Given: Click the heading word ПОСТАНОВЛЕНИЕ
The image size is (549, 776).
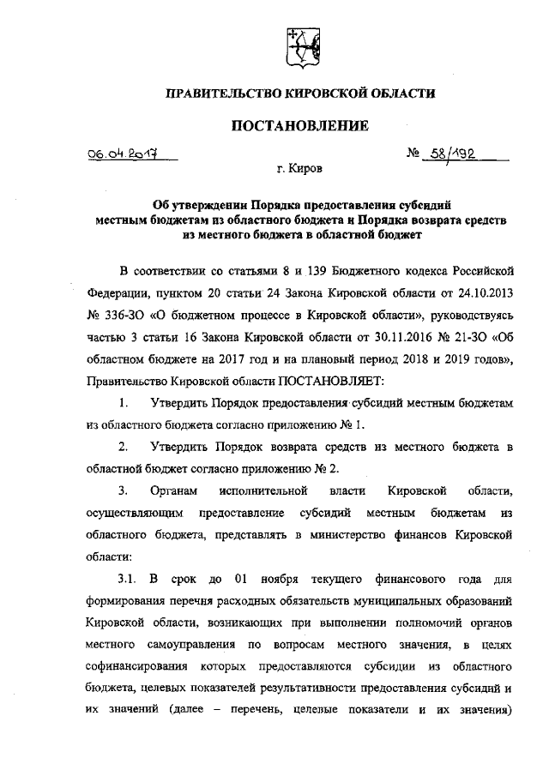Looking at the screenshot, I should [300, 126].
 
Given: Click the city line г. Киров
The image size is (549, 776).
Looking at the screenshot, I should [300, 171].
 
